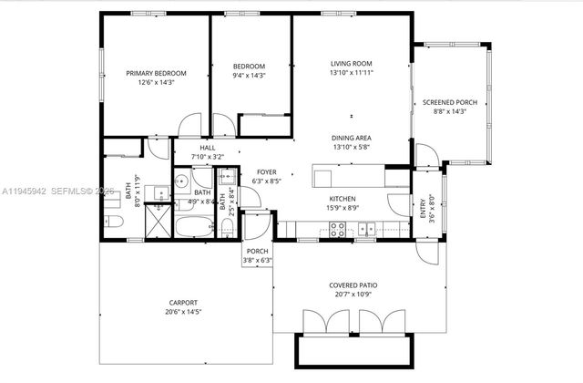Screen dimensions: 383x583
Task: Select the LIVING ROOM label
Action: point(352,63)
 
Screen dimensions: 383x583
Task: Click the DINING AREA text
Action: point(352,138)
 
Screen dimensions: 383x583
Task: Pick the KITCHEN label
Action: point(343,198)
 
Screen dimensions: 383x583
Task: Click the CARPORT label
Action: point(182,303)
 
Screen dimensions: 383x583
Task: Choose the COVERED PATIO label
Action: point(353,285)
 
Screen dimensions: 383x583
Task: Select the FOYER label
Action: point(266,171)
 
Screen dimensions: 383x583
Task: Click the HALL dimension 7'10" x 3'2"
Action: point(208,157)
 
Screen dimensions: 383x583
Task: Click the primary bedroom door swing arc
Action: point(189,125)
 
